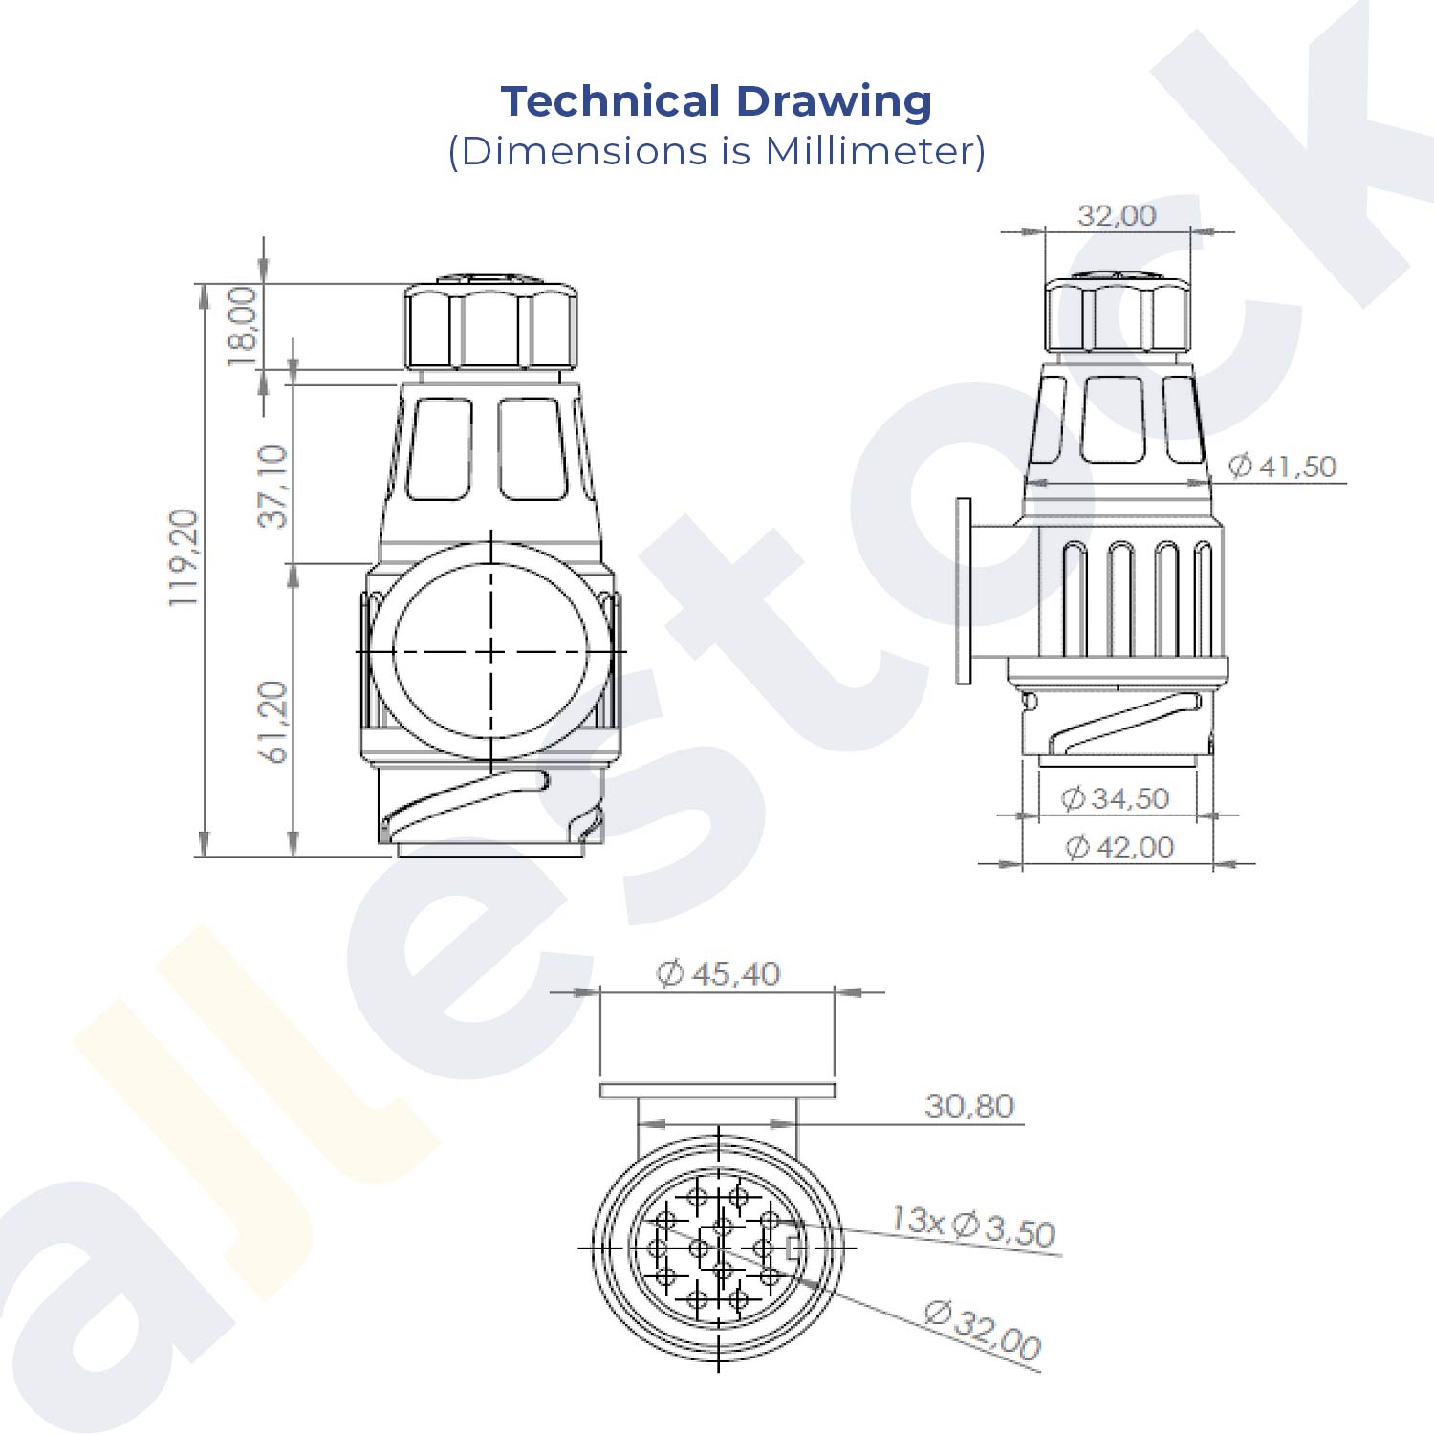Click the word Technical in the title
coord(611,101)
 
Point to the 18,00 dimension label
coord(242,326)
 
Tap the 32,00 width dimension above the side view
coord(1117,215)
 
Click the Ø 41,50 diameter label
coord(1282,467)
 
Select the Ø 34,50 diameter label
coord(1115,798)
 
